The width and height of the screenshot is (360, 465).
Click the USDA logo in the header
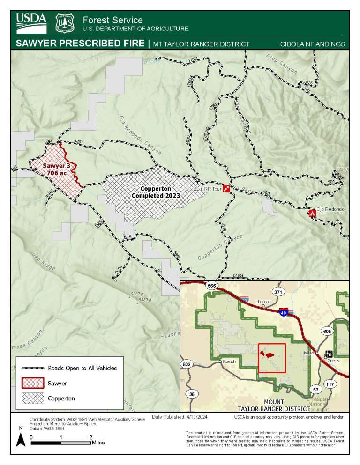coord(31,23)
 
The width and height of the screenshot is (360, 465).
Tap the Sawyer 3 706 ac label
coord(56,170)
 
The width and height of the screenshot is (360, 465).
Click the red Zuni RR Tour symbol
coord(227,189)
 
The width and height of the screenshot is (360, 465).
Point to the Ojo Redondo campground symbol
coord(312,213)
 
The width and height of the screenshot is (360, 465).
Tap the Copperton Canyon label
coord(220,247)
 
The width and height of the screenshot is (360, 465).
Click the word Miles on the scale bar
coord(98,442)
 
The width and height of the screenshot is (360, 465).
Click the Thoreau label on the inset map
coord(263,302)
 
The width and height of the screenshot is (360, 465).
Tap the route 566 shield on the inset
coord(211,286)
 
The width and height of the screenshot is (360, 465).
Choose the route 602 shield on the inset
coord(186,364)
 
